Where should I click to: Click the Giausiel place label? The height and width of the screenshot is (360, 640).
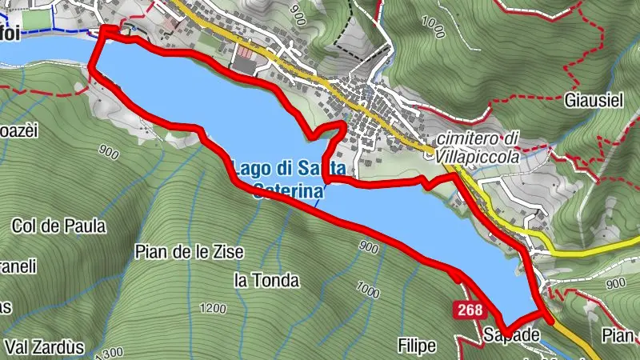tap(594, 102)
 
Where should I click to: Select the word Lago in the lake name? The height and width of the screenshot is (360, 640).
tap(249, 169)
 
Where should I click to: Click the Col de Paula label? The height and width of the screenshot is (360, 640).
tap(58, 226)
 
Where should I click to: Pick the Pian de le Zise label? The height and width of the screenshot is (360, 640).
tap(189, 252)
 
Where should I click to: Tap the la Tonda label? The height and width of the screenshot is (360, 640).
tap(266, 280)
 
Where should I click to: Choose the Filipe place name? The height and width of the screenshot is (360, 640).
tap(417, 346)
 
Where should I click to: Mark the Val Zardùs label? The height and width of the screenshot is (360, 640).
tap(44, 347)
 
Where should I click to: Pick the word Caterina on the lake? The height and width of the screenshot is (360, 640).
tap(288, 190)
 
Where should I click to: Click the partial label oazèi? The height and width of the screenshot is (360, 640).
tap(16, 131)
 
